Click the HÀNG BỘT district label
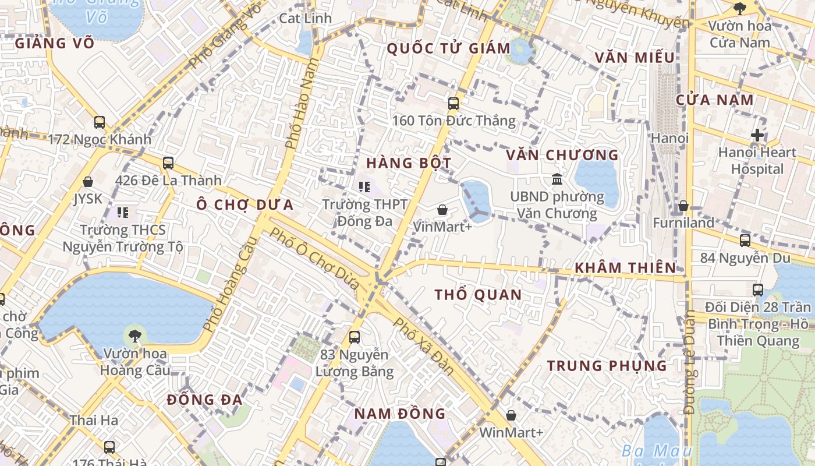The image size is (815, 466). click(409, 163)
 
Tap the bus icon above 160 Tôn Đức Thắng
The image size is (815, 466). click(453, 104)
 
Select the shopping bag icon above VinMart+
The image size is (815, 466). click(442, 210)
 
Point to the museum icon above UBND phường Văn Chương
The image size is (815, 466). click(557, 179)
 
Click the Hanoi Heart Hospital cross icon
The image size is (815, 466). click(757, 135)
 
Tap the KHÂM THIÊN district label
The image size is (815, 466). click(625, 268)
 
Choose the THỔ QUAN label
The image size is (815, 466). click(478, 295)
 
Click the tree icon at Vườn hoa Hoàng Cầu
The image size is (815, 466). click(134, 336)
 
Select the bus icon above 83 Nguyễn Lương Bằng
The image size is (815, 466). click(354, 337)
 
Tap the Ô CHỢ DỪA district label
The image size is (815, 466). click(245, 205)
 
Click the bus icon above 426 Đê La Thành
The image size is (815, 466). click(168, 163)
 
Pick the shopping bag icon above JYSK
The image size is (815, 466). click(88, 182)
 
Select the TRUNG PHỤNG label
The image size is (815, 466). click(607, 366)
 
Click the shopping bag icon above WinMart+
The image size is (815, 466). click(511, 415)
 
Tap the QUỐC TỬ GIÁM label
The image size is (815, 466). click(448, 48)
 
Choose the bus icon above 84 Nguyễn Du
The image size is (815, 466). click(745, 240)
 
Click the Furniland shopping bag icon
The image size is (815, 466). click(683, 206)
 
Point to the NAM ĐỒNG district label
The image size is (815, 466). click(399, 414)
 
